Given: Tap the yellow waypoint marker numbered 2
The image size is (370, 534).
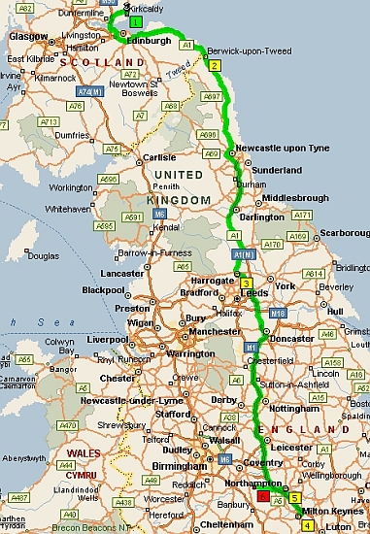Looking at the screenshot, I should click(215, 65).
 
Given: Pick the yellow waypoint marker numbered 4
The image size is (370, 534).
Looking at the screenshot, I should click(308, 525).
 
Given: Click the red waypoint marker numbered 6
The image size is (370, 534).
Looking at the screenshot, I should click(263, 495).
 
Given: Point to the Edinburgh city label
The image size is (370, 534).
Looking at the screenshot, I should click(149, 43).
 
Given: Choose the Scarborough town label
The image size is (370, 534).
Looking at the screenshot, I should click(342, 234).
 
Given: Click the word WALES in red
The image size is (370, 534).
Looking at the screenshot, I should click(80, 452).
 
